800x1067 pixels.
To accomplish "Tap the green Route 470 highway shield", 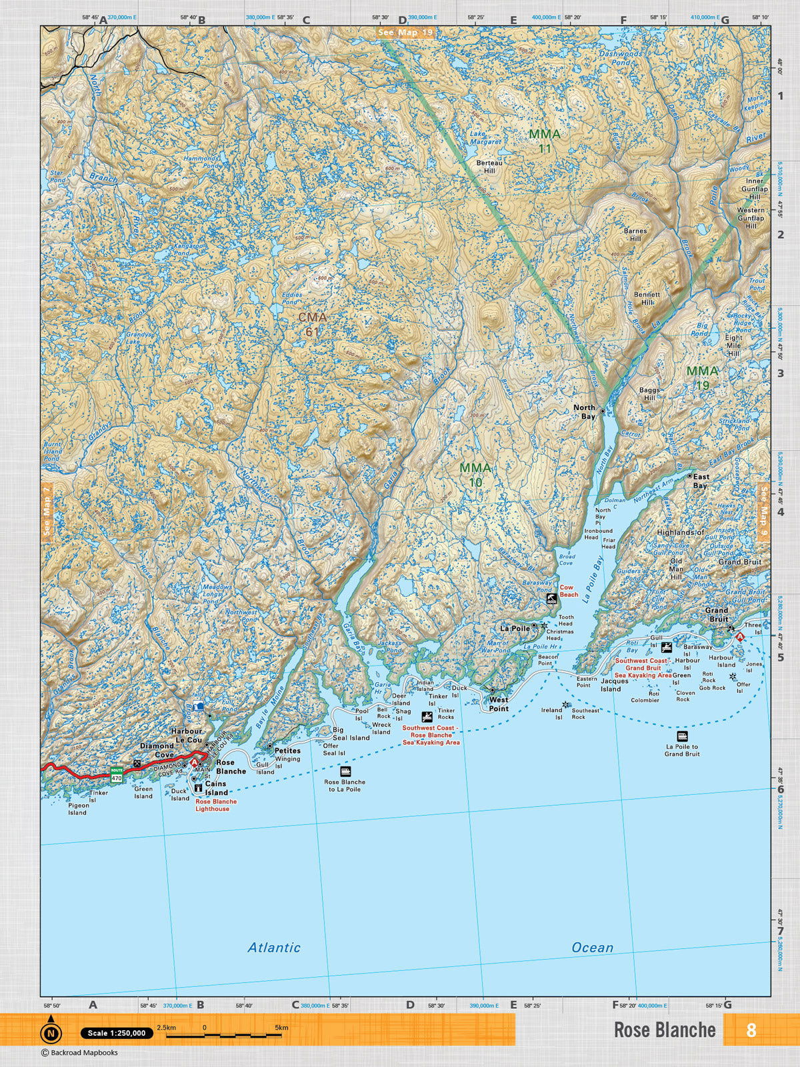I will pyautogui.click(x=117, y=775).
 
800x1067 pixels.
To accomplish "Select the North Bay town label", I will pyautogui.click(x=585, y=411).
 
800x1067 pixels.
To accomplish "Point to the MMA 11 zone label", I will pyautogui.click(x=545, y=141).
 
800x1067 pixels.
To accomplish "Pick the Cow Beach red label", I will pyautogui.click(x=569, y=591).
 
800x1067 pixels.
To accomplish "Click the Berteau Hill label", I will pyautogui.click(x=489, y=167).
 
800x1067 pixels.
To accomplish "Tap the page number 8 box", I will pyautogui.click(x=751, y=1030).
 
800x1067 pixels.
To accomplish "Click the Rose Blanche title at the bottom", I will pyautogui.click(x=665, y=1030).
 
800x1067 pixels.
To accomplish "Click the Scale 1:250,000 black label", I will pyautogui.click(x=117, y=1033).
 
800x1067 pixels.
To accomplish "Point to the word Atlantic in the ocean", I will pyautogui.click(x=274, y=947).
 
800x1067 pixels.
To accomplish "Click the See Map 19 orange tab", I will pyautogui.click(x=405, y=32).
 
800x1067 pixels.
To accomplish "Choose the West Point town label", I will pyautogui.click(x=499, y=704).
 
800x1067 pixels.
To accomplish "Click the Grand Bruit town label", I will pyautogui.click(x=717, y=614).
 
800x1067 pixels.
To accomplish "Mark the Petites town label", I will pyautogui.click(x=287, y=750).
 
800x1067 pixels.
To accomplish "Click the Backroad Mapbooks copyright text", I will pyautogui.click(x=79, y=1053).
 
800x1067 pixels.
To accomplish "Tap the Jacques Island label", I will pyautogui.click(x=614, y=685).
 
